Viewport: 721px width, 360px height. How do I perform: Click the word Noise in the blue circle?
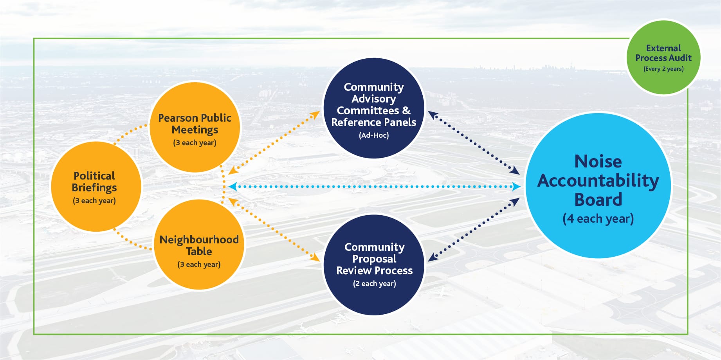[598, 161]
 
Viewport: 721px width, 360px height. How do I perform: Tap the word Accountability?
[598, 181]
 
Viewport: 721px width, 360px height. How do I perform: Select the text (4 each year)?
[598, 219]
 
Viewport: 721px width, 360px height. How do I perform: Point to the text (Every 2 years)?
[663, 69]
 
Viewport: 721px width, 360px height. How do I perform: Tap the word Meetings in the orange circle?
[195, 130]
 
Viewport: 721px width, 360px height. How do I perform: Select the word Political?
[94, 176]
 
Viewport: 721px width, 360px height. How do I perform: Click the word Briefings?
[94, 188]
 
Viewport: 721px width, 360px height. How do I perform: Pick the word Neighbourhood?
[199, 239]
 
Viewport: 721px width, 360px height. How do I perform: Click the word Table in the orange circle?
[199, 251]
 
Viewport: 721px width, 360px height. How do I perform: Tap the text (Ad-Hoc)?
[374, 135]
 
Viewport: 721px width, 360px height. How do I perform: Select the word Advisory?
[374, 99]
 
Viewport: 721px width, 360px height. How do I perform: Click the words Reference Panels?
[374, 122]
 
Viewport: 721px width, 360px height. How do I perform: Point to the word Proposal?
[374, 259]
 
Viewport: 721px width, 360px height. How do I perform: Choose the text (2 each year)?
[374, 284]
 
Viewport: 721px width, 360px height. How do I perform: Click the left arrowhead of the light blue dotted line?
[233, 187]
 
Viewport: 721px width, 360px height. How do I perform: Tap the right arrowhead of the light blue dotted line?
[517, 187]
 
